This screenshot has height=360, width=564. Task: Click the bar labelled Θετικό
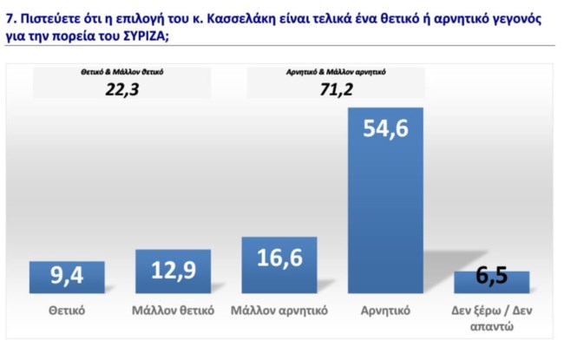click(x=67, y=278)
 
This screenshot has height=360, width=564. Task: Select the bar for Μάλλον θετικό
click(x=173, y=272)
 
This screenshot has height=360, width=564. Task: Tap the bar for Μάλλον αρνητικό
click(x=279, y=265)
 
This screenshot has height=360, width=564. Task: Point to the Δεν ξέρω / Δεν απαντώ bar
click(x=491, y=282)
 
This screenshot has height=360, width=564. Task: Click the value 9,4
click(x=67, y=278)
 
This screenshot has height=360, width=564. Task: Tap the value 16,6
click(x=279, y=258)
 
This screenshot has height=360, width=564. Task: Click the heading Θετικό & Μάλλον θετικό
click(x=121, y=73)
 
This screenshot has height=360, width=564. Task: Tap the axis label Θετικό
click(x=67, y=310)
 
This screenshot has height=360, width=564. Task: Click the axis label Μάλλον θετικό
click(x=173, y=310)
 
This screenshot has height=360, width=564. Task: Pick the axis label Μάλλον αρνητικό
click(x=279, y=310)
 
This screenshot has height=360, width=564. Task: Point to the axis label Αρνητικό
click(x=385, y=310)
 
